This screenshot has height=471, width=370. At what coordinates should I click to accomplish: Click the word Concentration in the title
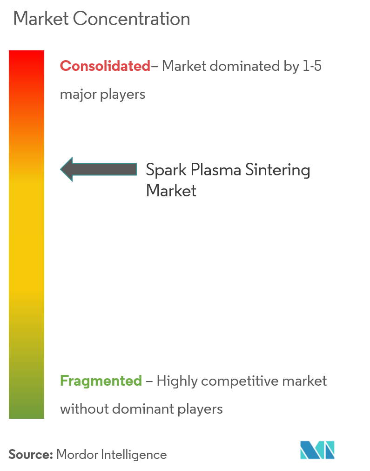131,19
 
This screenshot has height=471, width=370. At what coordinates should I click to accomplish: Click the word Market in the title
41,19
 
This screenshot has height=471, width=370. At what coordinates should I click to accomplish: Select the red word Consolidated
105,66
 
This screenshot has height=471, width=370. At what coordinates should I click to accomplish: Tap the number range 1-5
312,66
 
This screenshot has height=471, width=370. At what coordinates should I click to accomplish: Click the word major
78,95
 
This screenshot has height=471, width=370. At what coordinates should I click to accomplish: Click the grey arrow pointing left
99,169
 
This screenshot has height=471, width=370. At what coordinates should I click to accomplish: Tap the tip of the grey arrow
61,169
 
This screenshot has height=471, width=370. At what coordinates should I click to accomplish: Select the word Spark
166,170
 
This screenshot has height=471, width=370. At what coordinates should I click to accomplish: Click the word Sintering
278,170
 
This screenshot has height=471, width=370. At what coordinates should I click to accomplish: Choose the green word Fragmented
101,381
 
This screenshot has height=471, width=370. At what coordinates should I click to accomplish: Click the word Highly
177,381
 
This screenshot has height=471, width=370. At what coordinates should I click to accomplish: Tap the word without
84,409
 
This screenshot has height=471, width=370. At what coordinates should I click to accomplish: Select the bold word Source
31,455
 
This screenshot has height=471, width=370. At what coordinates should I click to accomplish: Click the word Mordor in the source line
77,455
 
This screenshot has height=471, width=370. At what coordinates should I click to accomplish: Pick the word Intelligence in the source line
134,455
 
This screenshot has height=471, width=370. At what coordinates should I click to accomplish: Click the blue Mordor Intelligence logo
317,450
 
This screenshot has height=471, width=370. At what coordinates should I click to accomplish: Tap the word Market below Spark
171,191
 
